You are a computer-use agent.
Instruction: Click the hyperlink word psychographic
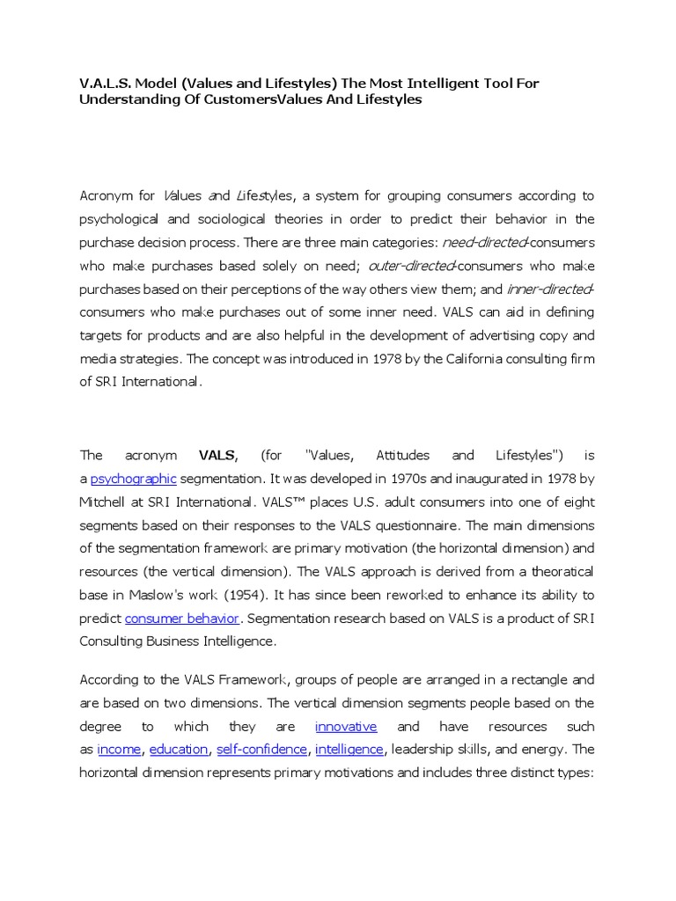(x=134, y=479)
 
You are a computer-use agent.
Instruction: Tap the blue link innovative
(x=346, y=726)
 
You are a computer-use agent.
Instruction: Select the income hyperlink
(x=120, y=749)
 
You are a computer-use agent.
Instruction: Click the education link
(x=179, y=749)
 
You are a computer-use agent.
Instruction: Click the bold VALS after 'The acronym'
(x=217, y=455)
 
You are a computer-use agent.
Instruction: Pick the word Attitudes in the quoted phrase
(x=402, y=455)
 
